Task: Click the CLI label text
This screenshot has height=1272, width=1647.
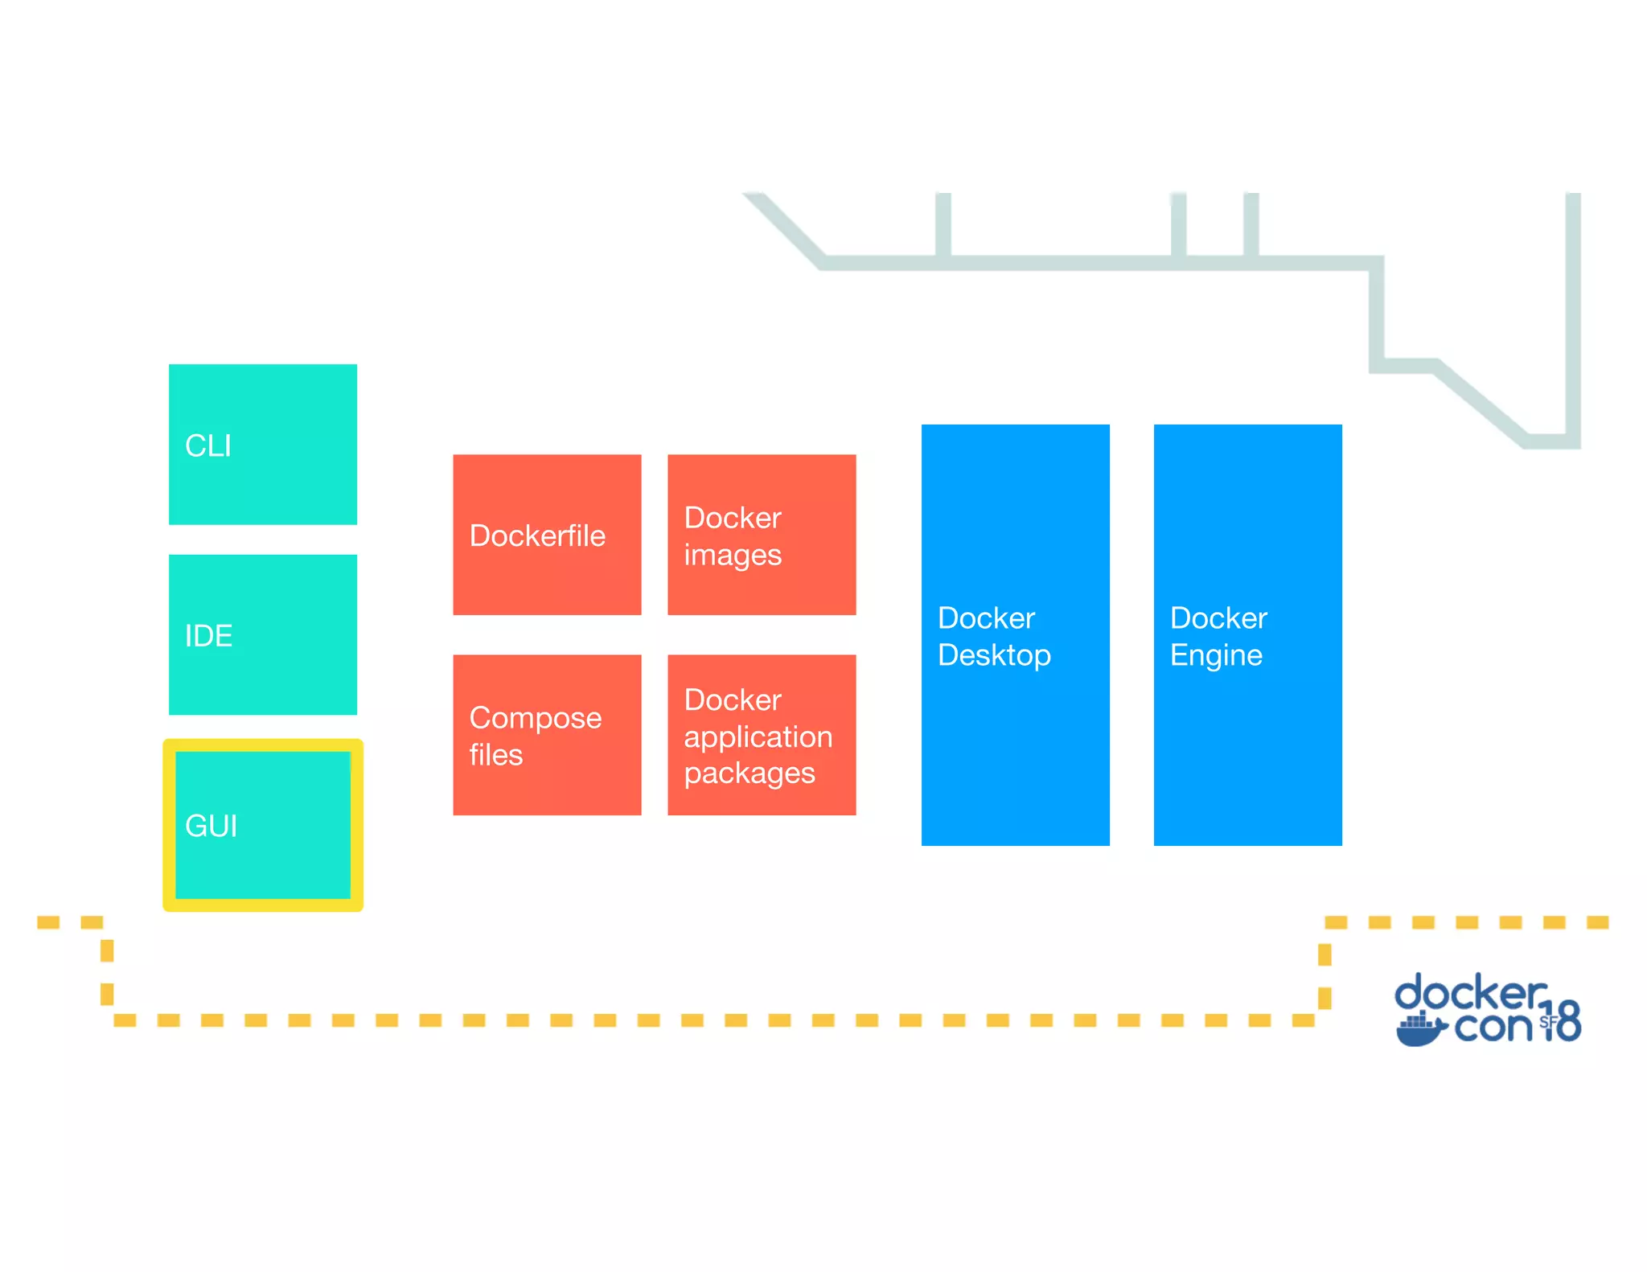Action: coord(207,446)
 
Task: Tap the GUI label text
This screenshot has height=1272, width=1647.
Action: coord(211,827)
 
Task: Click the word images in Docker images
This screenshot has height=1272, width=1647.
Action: coord(732,556)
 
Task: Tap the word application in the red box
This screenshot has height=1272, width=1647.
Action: coord(758,737)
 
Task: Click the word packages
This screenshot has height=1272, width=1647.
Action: coord(749,773)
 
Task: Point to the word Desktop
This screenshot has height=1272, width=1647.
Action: coord(994,655)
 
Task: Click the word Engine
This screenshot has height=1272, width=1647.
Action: coord(1216,655)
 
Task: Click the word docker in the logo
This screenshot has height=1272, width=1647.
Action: coord(1468,994)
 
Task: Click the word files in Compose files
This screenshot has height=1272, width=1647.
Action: coord(495,755)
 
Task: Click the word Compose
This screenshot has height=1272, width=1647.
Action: coord(535,718)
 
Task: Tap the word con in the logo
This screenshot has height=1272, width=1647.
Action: coord(1493,1027)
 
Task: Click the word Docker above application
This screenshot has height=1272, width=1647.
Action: coord(732,700)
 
